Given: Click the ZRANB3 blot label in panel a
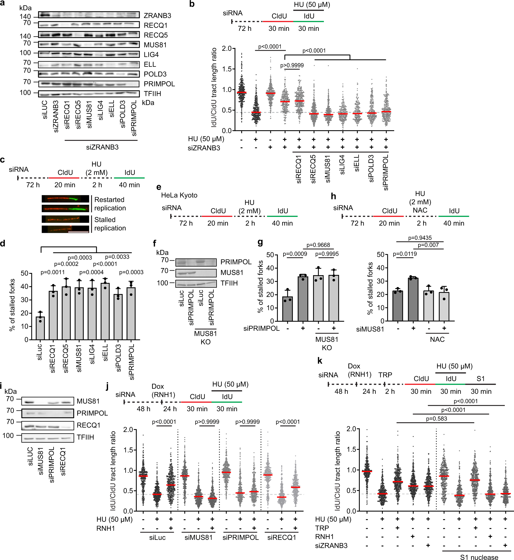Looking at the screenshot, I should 157,16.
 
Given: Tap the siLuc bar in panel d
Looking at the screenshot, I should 40,328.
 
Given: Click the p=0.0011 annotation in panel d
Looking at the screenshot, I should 52,272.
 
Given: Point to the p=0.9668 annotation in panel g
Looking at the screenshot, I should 318,245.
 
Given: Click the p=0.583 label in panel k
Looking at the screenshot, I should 436,419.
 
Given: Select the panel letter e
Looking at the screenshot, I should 158,187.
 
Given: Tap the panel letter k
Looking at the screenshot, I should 320,361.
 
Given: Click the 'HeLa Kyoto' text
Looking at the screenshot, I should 179,195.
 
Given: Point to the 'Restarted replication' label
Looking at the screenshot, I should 110,204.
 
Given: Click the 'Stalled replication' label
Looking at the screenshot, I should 110,224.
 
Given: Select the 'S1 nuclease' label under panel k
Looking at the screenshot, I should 479,557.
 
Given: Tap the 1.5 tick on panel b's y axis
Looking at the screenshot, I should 227,69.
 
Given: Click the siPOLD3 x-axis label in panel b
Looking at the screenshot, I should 371,168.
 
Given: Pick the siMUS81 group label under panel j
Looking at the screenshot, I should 198,537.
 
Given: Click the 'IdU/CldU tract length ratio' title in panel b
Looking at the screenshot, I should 214,88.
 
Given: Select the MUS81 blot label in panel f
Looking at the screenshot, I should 232,272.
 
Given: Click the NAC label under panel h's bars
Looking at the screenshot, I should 437,339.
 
